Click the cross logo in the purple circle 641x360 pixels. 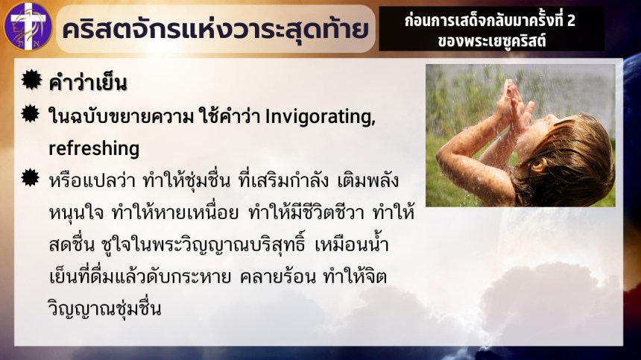pyautogui.click(x=28, y=27)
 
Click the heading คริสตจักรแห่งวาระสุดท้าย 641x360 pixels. pyautogui.click(x=215, y=29)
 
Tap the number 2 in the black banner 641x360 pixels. pyautogui.click(x=571, y=20)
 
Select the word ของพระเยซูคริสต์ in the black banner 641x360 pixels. pyautogui.click(x=492, y=41)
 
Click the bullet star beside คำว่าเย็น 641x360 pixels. pyautogui.click(x=31, y=79)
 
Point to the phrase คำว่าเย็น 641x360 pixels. pyautogui.click(x=88, y=83)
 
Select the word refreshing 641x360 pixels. pyautogui.click(x=94, y=148)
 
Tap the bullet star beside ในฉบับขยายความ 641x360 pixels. pyautogui.click(x=31, y=113)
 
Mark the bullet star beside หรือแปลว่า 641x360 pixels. pyautogui.click(x=31, y=177)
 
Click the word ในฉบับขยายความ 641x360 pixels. pyautogui.click(x=121, y=117)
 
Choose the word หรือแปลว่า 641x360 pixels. pyautogui.click(x=92, y=180)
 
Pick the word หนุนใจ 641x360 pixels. pyautogui.click(x=76, y=213)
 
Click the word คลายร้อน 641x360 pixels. pyautogui.click(x=278, y=277)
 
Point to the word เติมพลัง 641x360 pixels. pyautogui.click(x=368, y=180)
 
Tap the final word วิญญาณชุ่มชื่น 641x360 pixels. pyautogui.click(x=104, y=309)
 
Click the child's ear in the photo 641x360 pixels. pyautogui.click(x=539, y=165)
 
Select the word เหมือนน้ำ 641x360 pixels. pyautogui.click(x=352, y=244)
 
